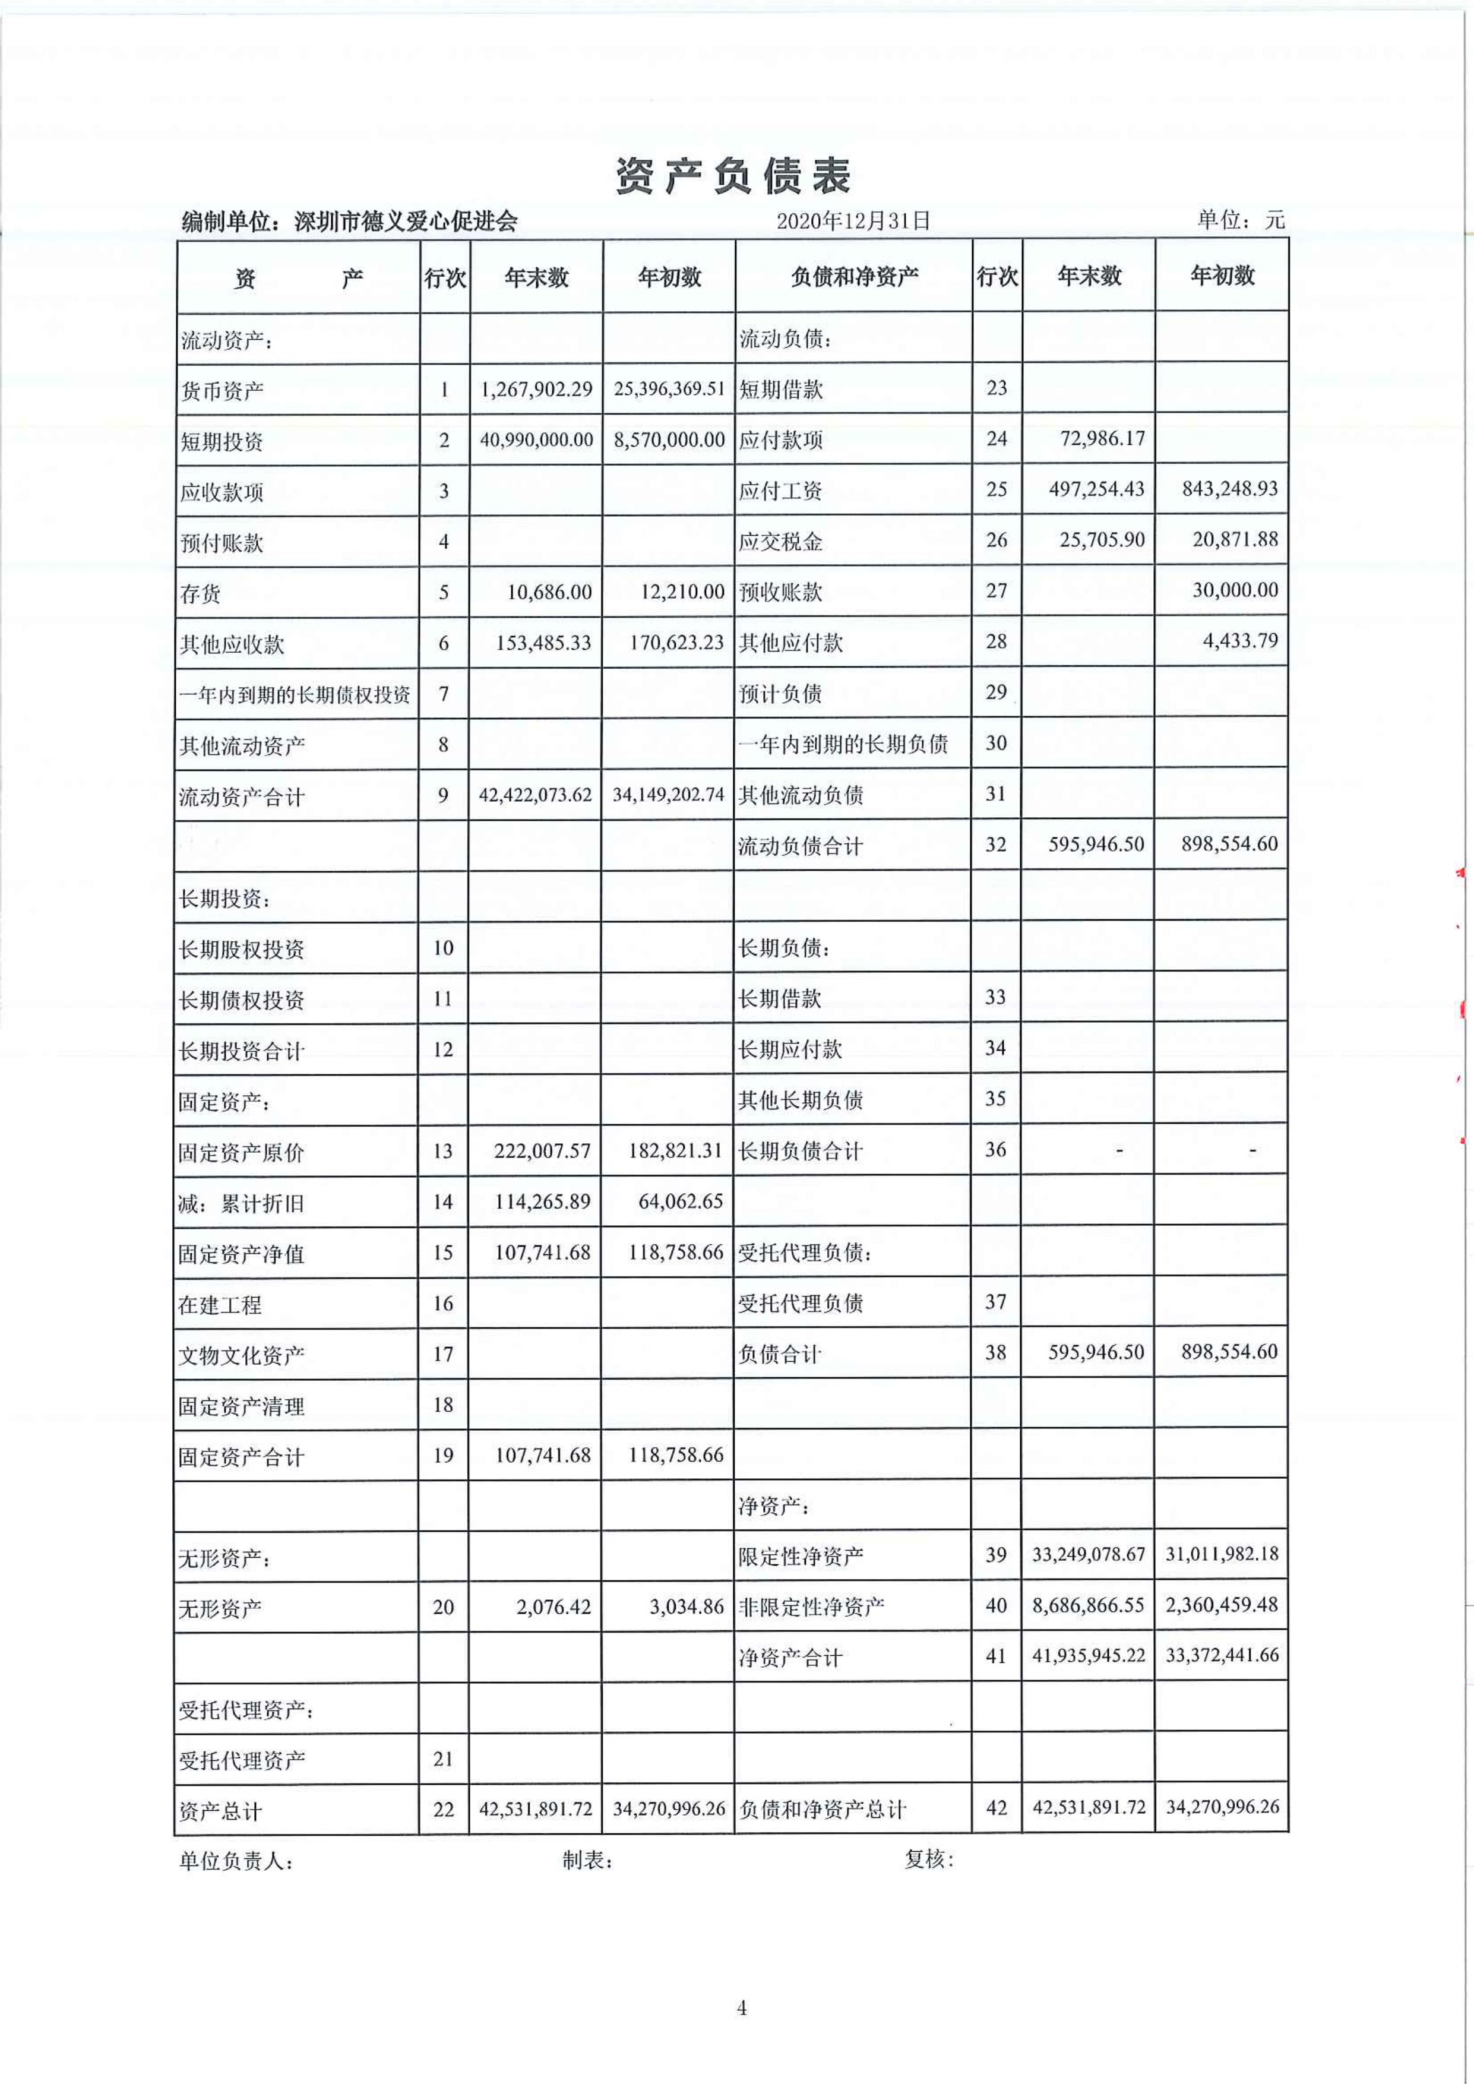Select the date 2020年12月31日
point(853,220)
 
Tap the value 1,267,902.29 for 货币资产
point(536,390)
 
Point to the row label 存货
point(201,594)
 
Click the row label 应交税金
point(780,542)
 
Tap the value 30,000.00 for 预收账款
point(1235,591)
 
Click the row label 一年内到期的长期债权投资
point(295,695)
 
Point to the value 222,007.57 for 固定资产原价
point(542,1152)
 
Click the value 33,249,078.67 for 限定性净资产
point(1088,1555)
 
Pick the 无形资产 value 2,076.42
point(553,1608)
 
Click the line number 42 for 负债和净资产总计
point(996,1808)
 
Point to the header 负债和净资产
point(854,277)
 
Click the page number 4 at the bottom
point(742,2009)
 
